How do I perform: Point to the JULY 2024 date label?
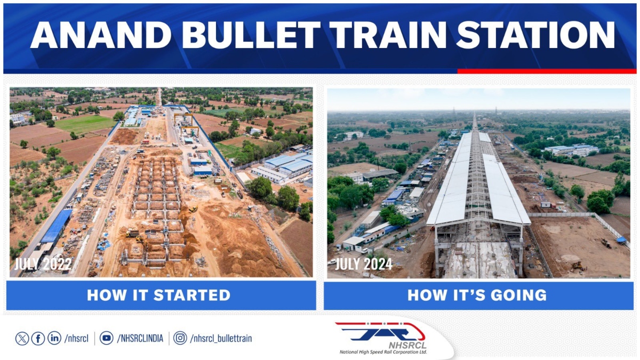point(364,264)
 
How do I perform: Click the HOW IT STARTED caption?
point(159,295)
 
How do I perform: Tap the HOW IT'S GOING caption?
point(477,295)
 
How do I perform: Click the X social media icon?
point(22,338)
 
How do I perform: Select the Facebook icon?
point(38,338)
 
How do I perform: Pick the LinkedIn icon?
point(54,338)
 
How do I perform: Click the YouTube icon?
point(107,338)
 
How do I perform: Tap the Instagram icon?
point(180,338)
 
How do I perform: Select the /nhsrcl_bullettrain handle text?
point(221,338)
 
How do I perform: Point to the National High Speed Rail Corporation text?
point(383,352)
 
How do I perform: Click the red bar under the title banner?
point(546,71)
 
